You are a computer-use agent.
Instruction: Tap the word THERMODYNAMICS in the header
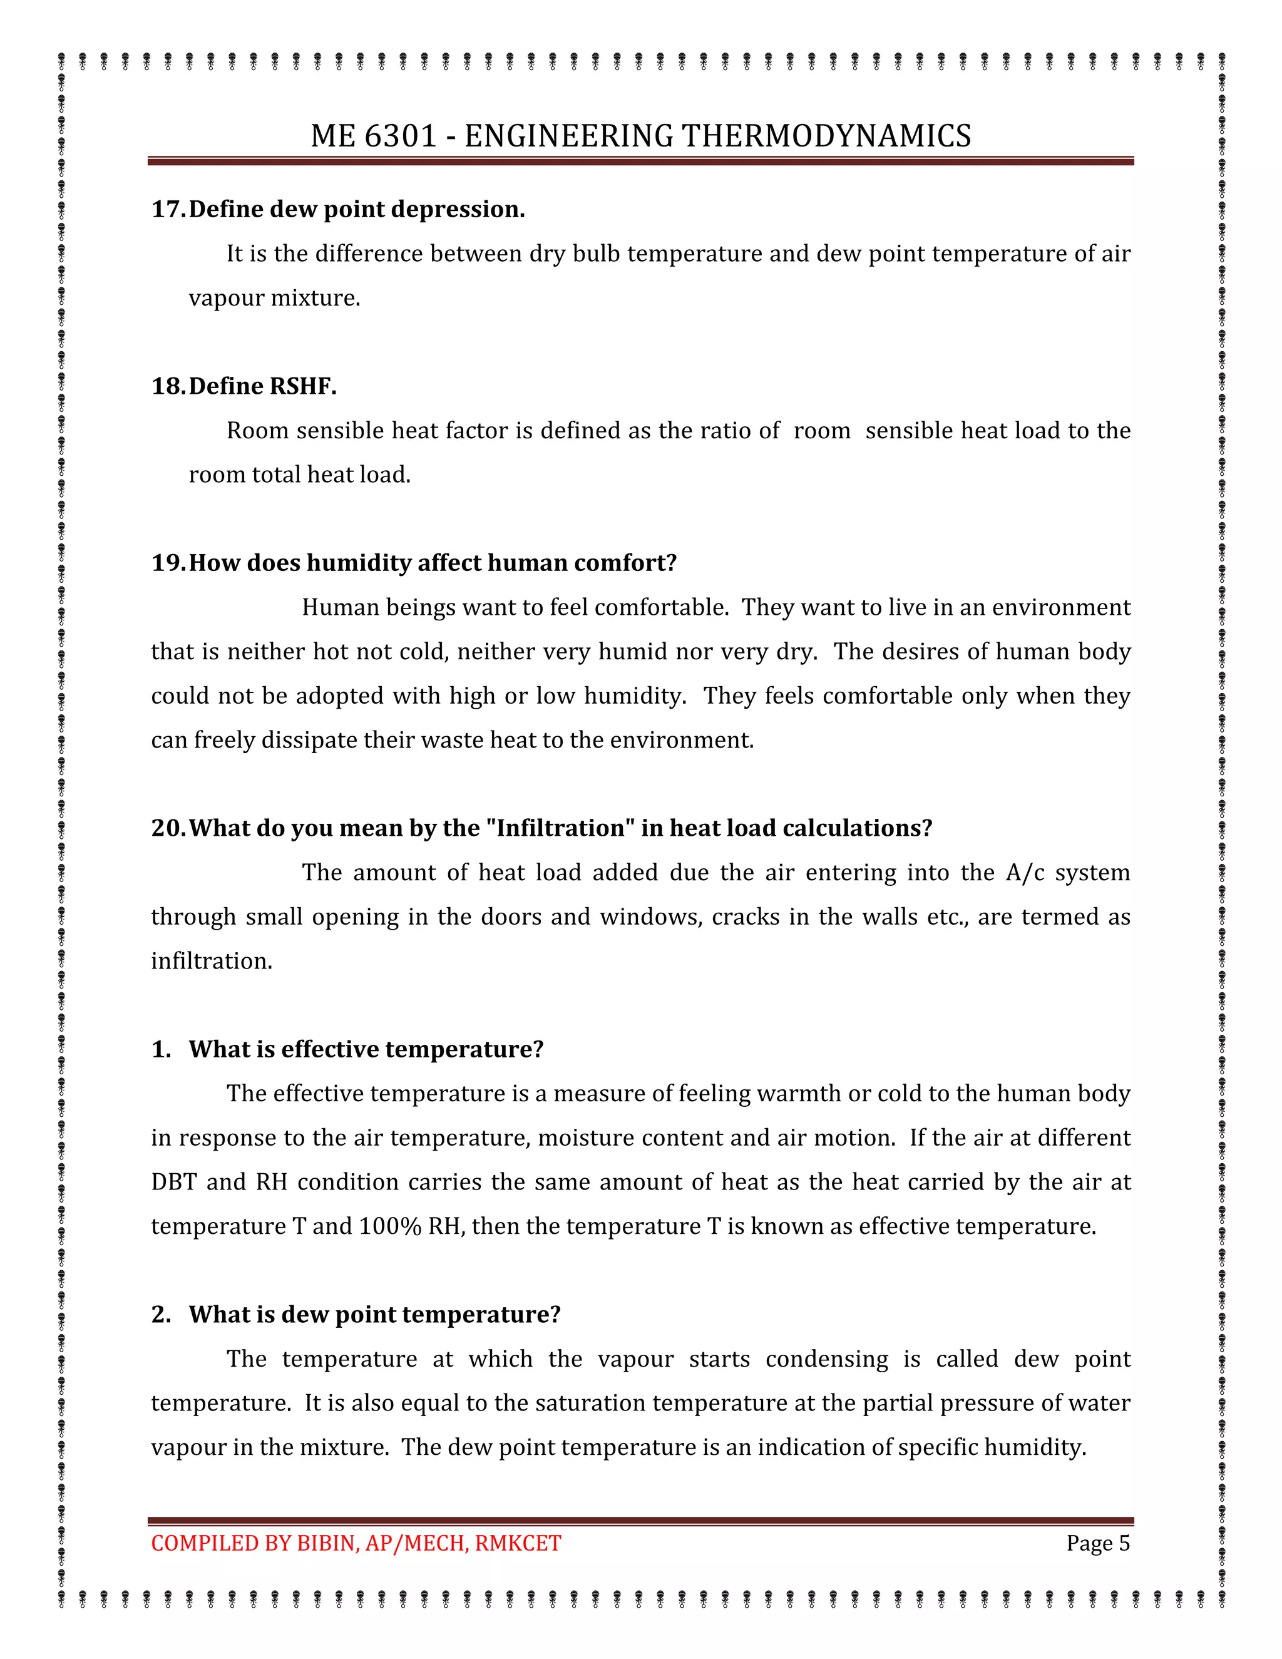pos(826,136)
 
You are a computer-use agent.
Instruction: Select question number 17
pos(168,209)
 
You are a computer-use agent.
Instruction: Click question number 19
pos(168,563)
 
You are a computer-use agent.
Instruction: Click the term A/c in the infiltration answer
pos(1025,872)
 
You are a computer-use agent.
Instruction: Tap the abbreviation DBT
pos(173,1182)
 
